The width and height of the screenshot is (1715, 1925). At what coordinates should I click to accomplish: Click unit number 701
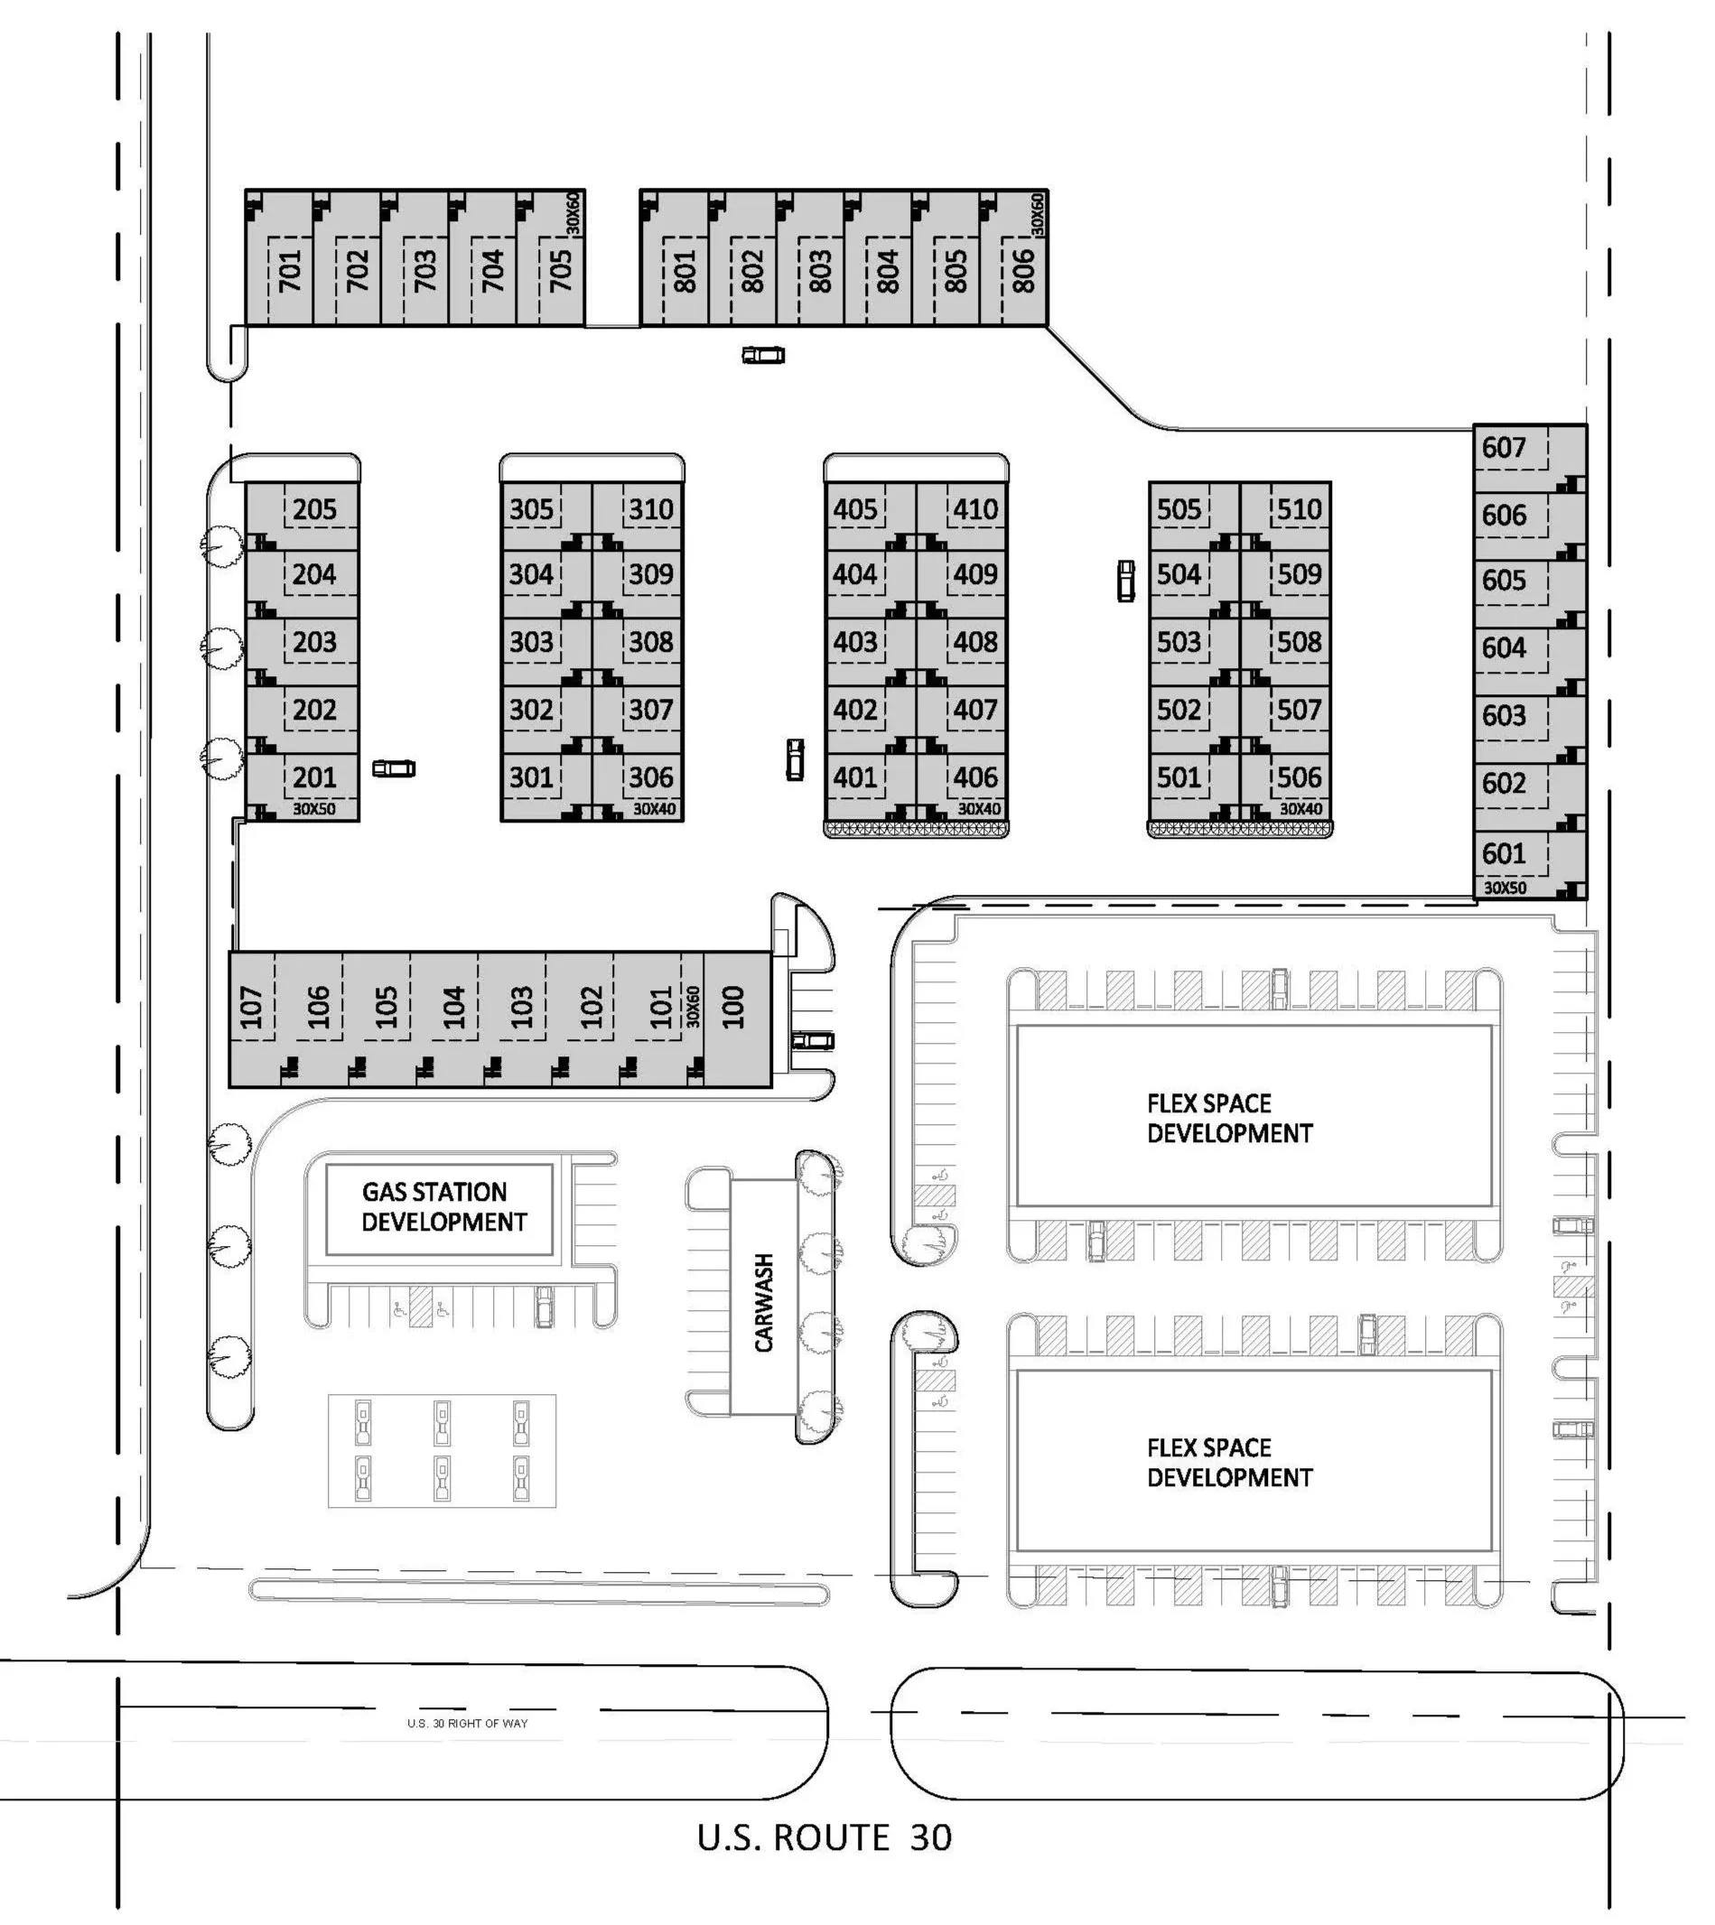click(x=289, y=271)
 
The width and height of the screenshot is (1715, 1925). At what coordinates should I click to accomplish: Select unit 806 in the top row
click(x=1023, y=271)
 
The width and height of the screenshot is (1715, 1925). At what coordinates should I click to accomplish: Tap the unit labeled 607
click(x=1503, y=448)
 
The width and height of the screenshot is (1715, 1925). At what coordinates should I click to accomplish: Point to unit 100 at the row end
click(x=732, y=1008)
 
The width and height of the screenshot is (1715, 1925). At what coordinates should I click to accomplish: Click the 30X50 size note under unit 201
click(x=312, y=809)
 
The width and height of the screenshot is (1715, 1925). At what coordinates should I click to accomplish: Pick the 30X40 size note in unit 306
click(x=654, y=809)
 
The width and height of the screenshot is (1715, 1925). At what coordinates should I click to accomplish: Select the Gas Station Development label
click(x=440, y=1207)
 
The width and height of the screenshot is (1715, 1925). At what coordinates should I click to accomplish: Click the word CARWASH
click(x=764, y=1302)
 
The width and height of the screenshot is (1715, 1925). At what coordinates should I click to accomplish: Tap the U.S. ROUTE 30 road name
click(x=825, y=1838)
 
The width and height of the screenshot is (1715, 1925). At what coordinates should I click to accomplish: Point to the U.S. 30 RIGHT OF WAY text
click(x=468, y=1724)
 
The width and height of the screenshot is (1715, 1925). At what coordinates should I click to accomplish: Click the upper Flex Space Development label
click(x=1229, y=1119)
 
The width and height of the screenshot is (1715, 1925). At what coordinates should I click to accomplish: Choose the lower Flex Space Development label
click(x=1229, y=1463)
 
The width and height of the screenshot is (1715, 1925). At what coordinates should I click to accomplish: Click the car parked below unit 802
click(x=763, y=355)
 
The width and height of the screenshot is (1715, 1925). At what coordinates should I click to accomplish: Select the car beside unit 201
click(x=394, y=769)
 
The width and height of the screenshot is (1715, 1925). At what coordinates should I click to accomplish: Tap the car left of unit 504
click(x=1126, y=581)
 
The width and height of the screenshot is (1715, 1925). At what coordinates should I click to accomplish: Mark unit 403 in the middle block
click(x=854, y=643)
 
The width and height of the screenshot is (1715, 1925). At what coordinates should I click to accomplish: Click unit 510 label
click(x=1300, y=510)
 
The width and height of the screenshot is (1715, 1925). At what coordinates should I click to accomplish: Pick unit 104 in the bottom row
click(x=454, y=1008)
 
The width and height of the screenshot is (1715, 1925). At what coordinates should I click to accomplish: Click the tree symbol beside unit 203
click(x=222, y=648)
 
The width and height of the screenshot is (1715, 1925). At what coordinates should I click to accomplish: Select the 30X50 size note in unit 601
click(x=1505, y=888)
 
